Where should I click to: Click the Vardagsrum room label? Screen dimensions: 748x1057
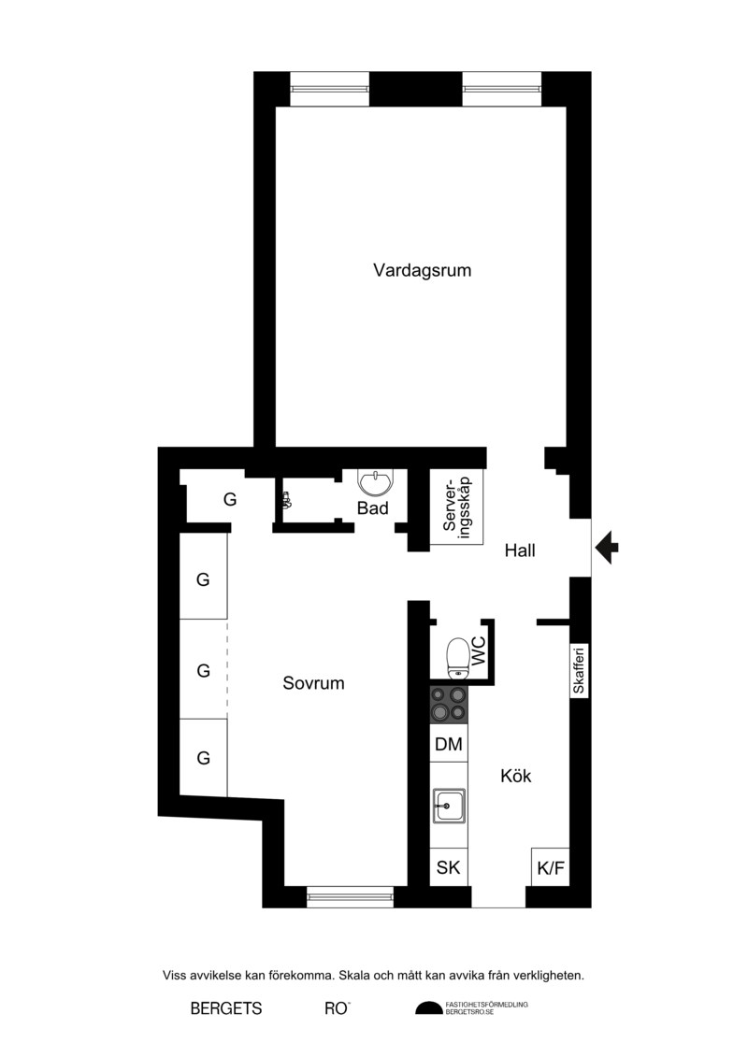423,271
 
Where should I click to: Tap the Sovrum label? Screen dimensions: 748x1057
313,683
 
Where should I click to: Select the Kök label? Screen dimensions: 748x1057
516,776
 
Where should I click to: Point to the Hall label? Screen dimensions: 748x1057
520,550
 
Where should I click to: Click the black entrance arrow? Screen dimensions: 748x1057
607,548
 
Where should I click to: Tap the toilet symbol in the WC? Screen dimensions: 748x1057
458,657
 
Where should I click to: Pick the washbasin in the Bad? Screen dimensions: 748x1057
375,482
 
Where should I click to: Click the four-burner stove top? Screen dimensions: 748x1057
449,704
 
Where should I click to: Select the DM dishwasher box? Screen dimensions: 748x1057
449,744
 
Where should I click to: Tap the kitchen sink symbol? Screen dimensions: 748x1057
449,805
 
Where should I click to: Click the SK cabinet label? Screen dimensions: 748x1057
449,867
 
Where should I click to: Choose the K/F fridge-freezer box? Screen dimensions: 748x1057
551,867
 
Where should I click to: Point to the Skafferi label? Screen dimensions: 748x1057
579,670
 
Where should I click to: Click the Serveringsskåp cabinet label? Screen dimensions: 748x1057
457,507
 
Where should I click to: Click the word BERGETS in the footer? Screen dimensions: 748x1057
226,1008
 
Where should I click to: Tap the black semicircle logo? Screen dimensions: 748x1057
428,1009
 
